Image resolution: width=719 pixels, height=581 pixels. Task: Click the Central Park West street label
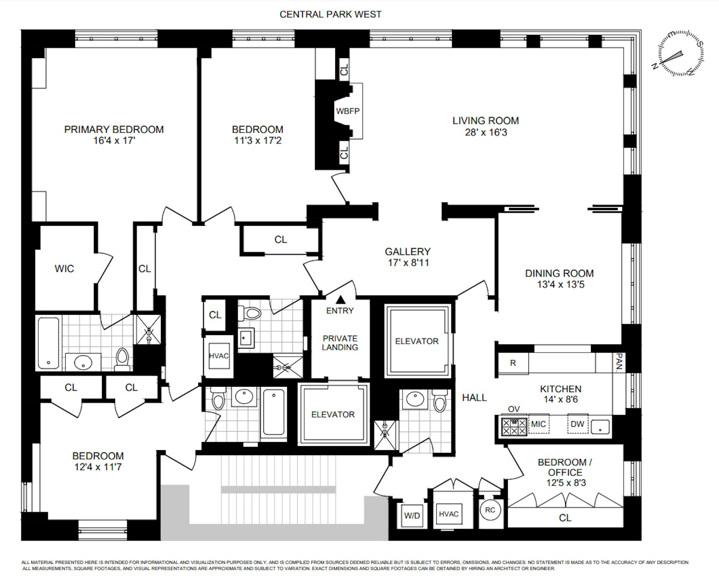click(330, 14)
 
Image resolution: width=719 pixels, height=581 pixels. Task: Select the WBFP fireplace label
click(348, 111)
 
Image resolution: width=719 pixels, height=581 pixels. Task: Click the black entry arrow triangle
click(341, 299)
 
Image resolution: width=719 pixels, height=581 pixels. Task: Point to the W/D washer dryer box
click(412, 515)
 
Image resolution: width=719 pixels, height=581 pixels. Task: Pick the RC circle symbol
click(490, 510)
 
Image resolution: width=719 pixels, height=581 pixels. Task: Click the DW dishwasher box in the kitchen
click(577, 424)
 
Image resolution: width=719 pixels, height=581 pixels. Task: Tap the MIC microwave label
click(538, 424)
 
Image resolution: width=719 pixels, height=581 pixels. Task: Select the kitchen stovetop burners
click(514, 427)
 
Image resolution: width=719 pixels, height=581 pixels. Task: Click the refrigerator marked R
click(513, 363)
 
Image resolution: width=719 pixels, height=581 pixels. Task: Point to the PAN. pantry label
click(619, 362)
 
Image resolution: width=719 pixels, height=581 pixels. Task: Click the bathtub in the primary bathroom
click(49, 343)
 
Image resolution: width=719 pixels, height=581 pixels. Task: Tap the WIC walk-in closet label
click(64, 268)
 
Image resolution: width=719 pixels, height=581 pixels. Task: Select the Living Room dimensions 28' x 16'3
click(486, 132)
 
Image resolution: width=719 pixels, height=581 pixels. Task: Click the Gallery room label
click(408, 252)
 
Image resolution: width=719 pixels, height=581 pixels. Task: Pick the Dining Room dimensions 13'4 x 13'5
click(561, 284)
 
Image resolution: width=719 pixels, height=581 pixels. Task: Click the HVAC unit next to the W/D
click(448, 514)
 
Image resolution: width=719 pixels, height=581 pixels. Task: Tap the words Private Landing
click(340, 343)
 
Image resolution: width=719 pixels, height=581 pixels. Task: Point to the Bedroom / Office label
click(565, 467)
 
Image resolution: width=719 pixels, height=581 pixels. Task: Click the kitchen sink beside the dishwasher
click(600, 427)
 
